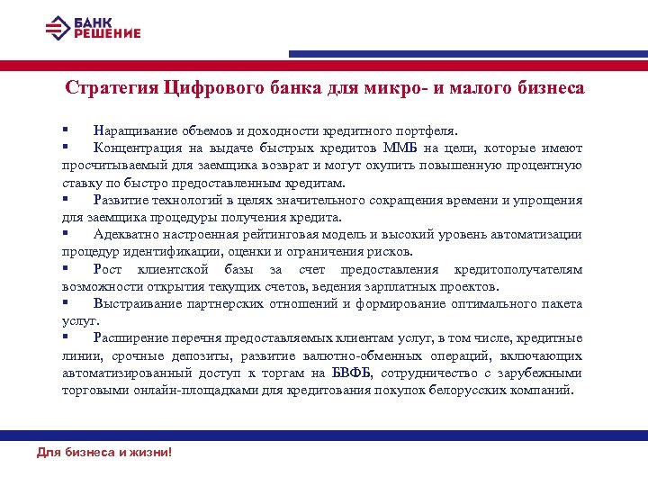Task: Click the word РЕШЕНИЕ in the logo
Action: click(107, 33)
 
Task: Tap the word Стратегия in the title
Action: click(112, 88)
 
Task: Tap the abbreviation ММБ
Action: click(400, 148)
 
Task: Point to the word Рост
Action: click(107, 270)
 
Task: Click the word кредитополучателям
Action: click(517, 270)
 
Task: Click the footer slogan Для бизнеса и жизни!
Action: click(103, 452)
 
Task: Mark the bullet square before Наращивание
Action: click(66, 129)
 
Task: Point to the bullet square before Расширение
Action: click(66, 338)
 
